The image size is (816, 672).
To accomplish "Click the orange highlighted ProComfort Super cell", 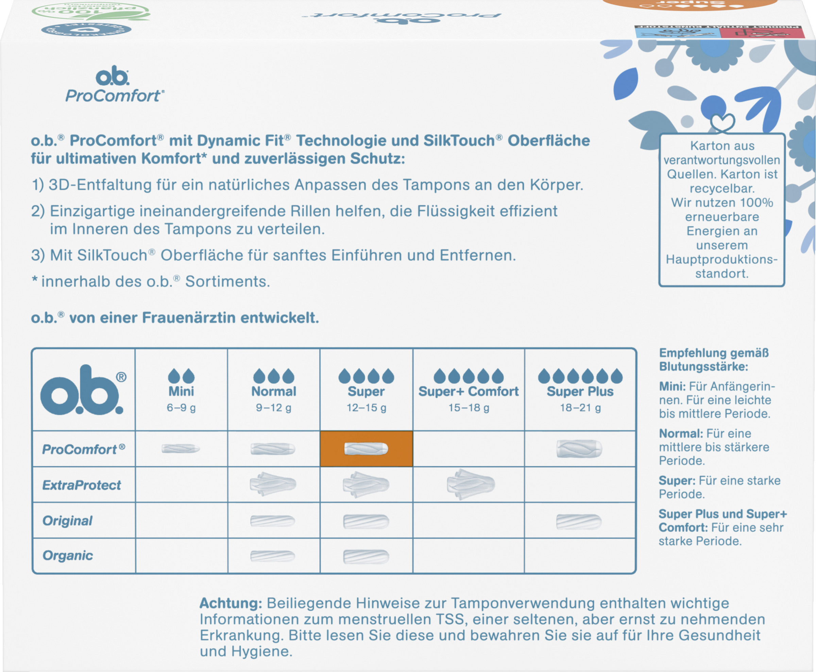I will pos(366,449).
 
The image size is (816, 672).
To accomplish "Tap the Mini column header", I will pos(181,391).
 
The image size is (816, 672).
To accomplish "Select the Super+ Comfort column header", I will pos(468,391).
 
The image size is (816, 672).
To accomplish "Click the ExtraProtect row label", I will pos(82,485).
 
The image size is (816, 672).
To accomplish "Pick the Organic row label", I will pos(68,556).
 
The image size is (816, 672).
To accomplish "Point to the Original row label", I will pos(67,521).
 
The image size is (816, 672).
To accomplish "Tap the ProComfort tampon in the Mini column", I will pos(181,449).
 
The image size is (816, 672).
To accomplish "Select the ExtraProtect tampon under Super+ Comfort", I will pos(471,484).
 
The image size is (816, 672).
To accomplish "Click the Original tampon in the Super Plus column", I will pos(579,521).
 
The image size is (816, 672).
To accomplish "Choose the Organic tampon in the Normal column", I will pos(273,556).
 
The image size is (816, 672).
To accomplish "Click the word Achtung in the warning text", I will pos(231,603).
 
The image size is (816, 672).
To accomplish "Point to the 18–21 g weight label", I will pos(580,408).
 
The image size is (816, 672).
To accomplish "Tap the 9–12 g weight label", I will pos(273,408).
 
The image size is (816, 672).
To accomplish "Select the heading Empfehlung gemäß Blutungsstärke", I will pos(714,360).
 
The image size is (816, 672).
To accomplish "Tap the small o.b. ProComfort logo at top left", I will pos(114,86).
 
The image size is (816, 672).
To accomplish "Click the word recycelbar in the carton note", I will pos(722,189).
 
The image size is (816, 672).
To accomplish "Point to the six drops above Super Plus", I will pos(580,376).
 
